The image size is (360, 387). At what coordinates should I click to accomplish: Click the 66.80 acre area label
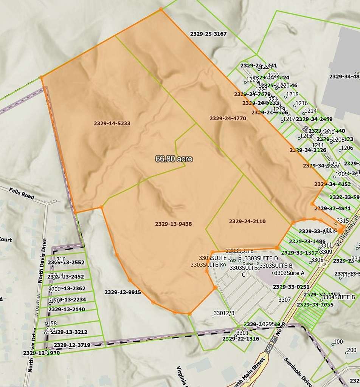(x=174, y=159)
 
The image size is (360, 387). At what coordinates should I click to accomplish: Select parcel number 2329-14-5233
(x=112, y=123)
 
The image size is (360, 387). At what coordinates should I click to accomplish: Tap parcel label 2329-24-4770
(x=228, y=118)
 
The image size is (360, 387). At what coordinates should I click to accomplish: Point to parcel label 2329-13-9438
(x=173, y=224)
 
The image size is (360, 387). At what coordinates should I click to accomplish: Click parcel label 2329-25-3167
(x=208, y=34)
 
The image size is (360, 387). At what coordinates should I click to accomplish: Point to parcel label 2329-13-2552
(x=66, y=262)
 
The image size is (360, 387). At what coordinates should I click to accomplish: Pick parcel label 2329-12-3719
(x=72, y=345)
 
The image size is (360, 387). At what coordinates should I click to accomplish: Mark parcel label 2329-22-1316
(x=241, y=339)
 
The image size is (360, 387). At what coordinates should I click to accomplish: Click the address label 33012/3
(x=224, y=313)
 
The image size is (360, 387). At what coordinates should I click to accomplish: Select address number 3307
(x=284, y=300)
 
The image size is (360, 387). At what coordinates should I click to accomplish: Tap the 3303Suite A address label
(x=289, y=273)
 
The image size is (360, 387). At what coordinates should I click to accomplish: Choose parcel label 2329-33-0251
(x=292, y=287)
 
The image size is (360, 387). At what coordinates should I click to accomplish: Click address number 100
(x=338, y=342)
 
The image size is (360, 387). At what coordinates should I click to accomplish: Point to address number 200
(x=352, y=350)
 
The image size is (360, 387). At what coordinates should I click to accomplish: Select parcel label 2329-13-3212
(x=69, y=332)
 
